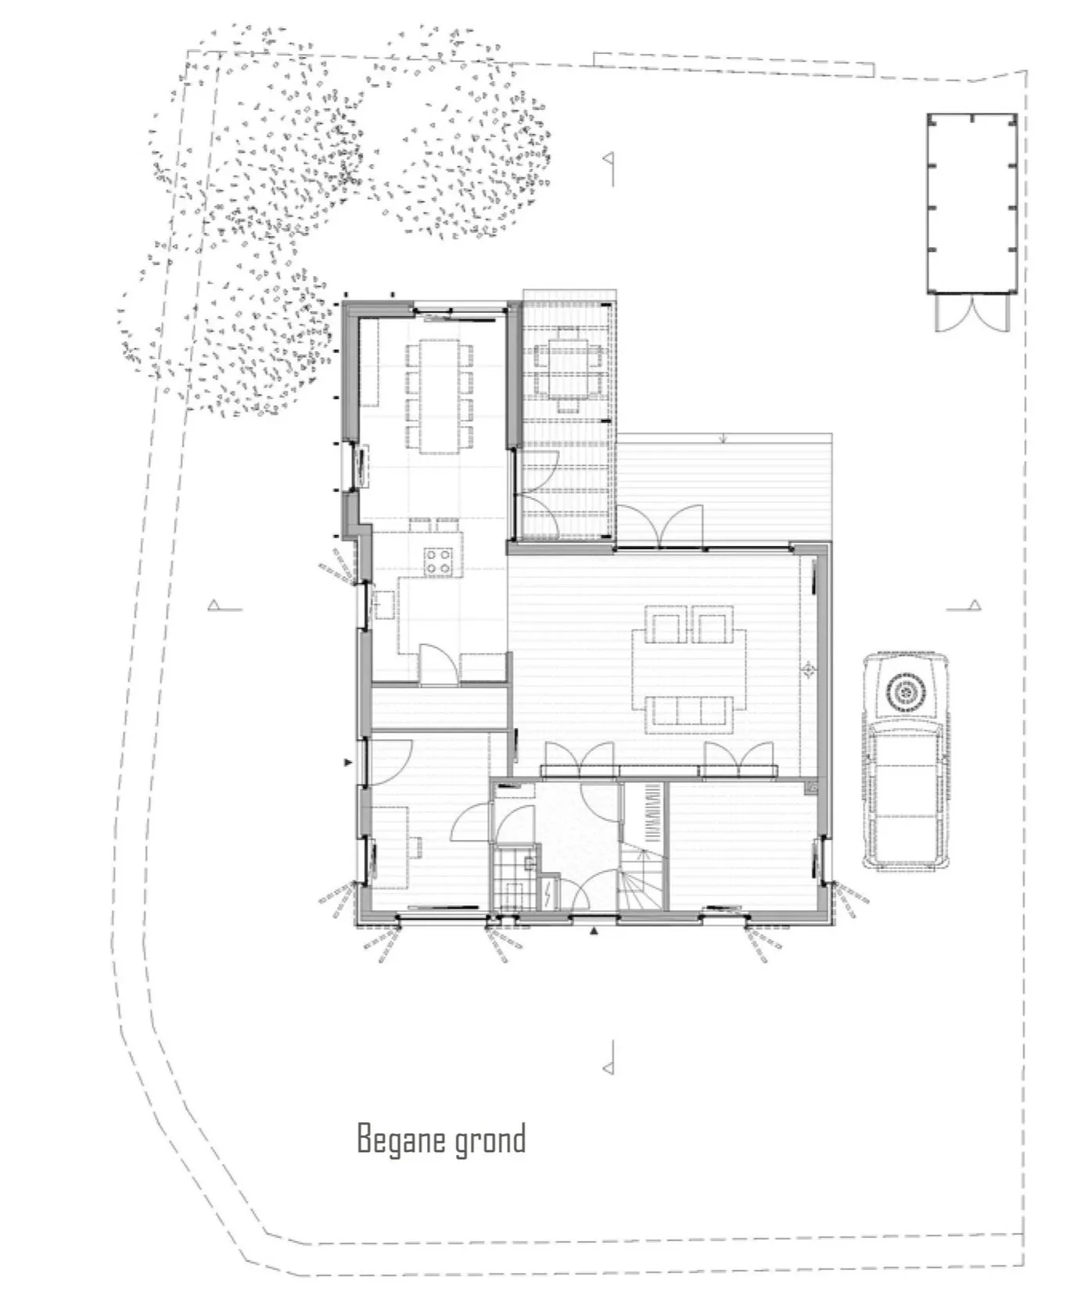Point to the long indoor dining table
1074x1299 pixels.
click(x=438, y=396)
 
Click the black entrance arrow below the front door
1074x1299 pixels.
click(x=594, y=931)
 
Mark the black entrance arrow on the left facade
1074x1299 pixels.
click(x=349, y=762)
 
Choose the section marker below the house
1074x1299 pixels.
click(x=608, y=1057)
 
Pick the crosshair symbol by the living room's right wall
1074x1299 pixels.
click(x=809, y=669)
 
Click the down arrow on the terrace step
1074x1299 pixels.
click(x=724, y=438)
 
